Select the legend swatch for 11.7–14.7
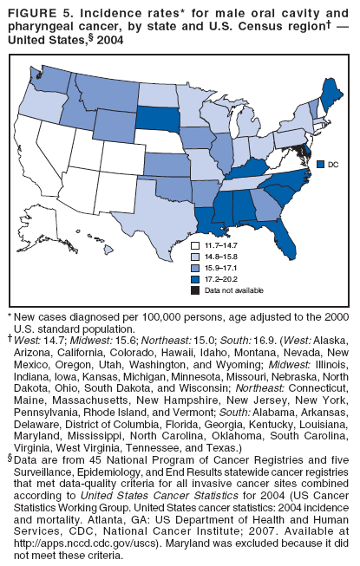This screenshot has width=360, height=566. [197, 247]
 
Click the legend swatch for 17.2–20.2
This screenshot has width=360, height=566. [197, 280]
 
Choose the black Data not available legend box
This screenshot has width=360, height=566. [197, 291]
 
